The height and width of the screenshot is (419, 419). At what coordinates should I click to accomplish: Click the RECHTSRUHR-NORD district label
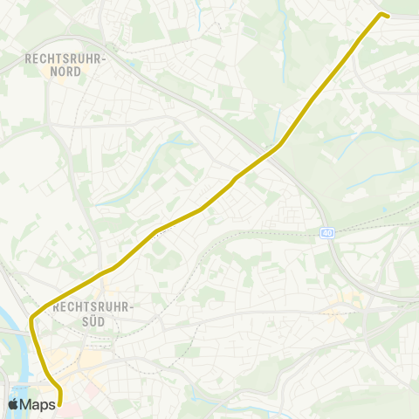(x=65, y=65)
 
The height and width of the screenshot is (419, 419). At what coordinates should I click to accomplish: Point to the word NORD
(x=65, y=72)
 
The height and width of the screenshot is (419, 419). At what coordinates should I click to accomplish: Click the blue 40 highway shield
(x=326, y=233)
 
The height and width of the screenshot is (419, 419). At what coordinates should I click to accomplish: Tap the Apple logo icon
(x=13, y=404)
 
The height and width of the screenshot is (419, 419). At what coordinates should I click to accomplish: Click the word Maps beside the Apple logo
(x=38, y=404)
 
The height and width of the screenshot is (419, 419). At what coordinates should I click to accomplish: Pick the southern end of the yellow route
(x=59, y=403)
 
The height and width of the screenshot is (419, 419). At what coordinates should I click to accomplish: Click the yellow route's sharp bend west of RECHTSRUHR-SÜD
(x=32, y=318)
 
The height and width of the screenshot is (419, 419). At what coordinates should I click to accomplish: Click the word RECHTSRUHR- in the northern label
(x=65, y=58)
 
